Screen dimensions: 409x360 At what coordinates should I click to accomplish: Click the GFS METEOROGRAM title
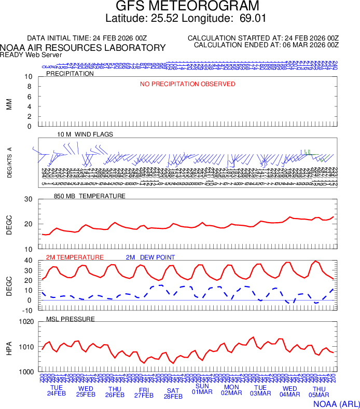pyautogui.click(x=187, y=6)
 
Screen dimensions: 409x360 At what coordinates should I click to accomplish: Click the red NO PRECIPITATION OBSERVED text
pyautogui.click(x=188, y=84)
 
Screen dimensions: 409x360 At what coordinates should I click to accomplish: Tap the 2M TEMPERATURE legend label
pyautogui.click(x=75, y=257)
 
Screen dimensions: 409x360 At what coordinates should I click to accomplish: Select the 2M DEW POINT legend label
pyautogui.click(x=150, y=257)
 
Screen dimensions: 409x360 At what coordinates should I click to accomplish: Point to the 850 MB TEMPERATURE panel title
pyautogui.click(x=90, y=196)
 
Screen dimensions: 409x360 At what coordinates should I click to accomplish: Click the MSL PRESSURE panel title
pyautogui.click(x=71, y=319)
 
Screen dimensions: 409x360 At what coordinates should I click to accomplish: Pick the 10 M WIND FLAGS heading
pyautogui.click(x=85, y=134)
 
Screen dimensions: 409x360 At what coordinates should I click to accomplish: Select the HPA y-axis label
pyautogui.click(x=9, y=347)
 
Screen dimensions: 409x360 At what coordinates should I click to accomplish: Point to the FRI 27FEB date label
pyautogui.click(x=144, y=392)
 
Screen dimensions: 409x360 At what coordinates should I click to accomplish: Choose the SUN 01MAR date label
pyautogui.click(x=202, y=390)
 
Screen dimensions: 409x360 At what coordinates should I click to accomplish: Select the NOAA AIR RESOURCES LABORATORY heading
pyautogui.click(x=83, y=48)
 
